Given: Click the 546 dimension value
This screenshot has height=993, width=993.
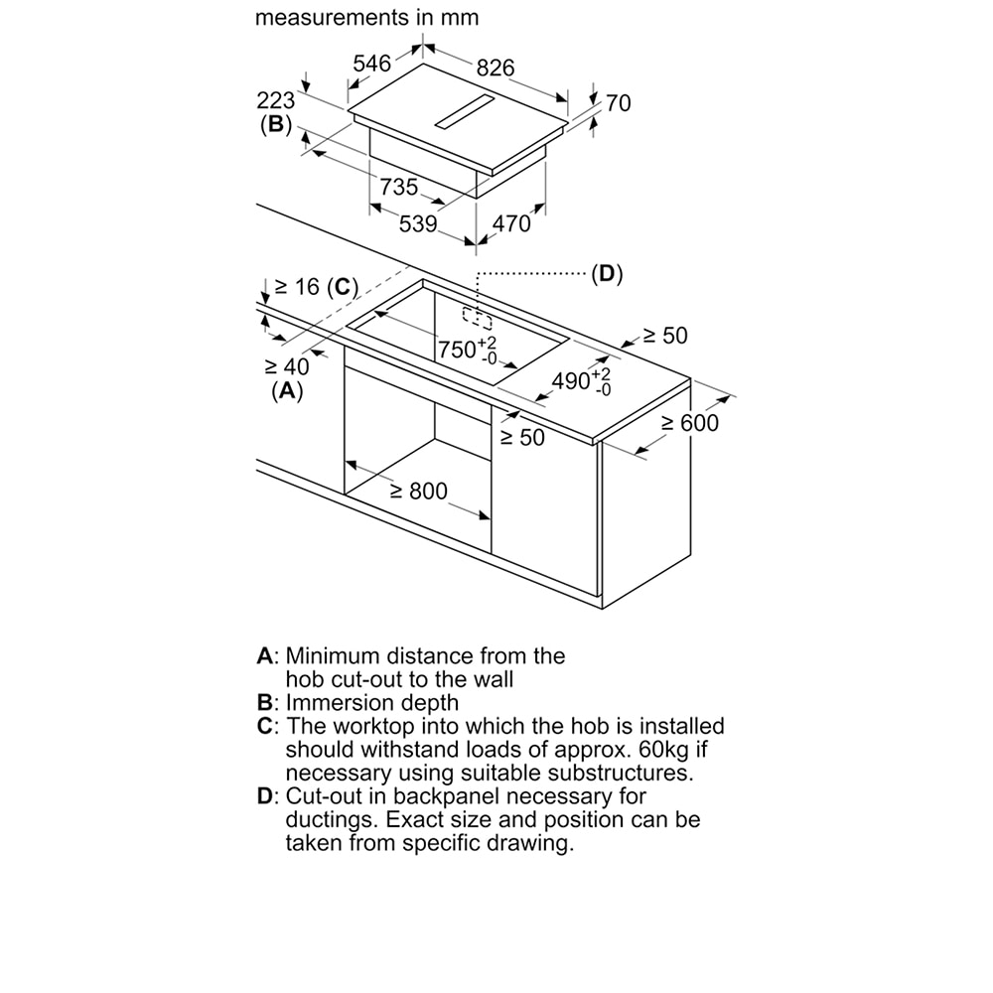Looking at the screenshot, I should point(372,64).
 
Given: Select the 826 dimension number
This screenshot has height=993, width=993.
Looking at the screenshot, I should point(496,68).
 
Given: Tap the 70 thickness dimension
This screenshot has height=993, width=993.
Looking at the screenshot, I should point(618,103).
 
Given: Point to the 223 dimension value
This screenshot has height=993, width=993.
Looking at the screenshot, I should point(276,100).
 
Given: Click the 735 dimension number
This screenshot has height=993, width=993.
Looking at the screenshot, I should point(399,187).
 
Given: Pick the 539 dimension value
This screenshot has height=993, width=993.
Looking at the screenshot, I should point(418,224).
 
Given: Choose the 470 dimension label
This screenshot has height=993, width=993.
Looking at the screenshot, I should point(511,224).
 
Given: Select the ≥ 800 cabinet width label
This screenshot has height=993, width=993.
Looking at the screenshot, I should point(418,491).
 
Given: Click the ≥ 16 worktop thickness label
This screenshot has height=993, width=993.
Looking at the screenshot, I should point(297,287).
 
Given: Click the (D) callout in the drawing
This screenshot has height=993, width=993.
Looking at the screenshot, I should point(606,274).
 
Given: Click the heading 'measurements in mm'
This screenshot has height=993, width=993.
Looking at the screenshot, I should point(366,17).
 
